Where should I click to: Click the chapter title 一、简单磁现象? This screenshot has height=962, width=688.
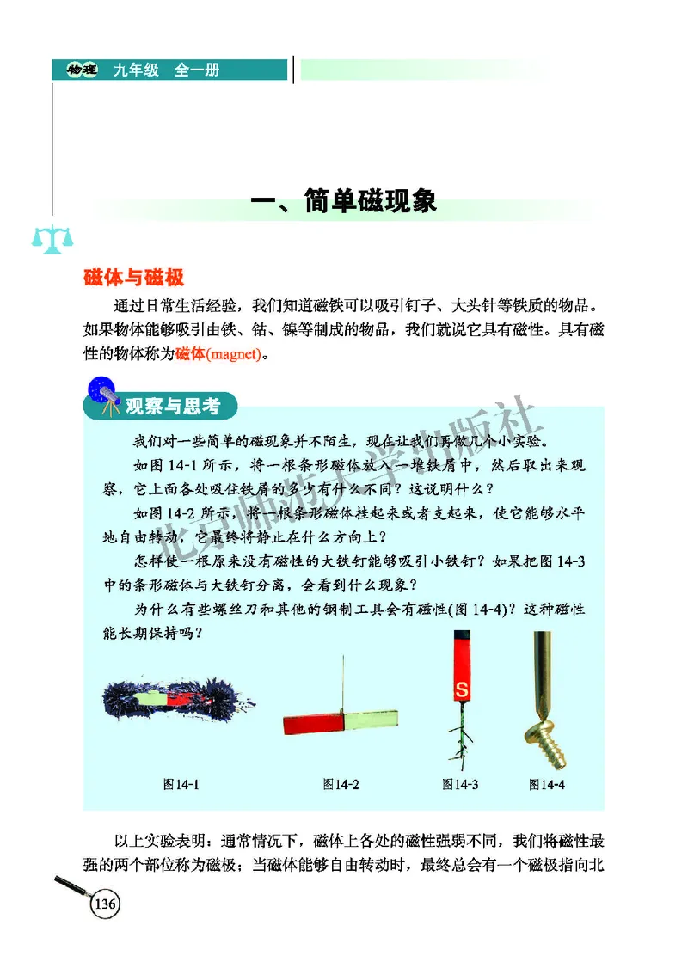pyautogui.click(x=343, y=202)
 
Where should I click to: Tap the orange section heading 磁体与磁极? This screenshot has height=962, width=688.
pyautogui.click(x=134, y=279)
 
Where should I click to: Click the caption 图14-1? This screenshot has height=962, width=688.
pyautogui.click(x=181, y=784)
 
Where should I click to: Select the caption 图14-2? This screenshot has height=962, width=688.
pyautogui.click(x=341, y=784)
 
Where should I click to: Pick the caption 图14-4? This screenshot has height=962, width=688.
pyautogui.click(x=547, y=784)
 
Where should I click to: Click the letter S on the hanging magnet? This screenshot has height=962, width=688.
pyautogui.click(x=461, y=689)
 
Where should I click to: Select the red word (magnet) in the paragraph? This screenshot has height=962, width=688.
pyautogui.click(x=232, y=353)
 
